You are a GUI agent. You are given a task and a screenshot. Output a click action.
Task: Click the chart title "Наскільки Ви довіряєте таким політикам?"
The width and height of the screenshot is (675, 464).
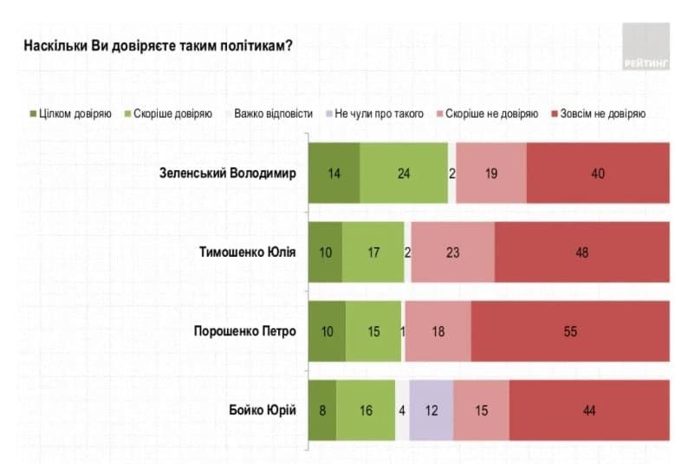[157, 46]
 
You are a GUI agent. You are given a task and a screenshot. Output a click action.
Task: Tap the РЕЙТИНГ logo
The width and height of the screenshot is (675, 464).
[645, 47]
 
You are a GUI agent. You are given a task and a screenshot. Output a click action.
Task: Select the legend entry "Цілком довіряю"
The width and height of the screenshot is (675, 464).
[71, 114]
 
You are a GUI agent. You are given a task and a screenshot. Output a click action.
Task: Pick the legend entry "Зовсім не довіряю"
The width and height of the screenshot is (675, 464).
[597, 114]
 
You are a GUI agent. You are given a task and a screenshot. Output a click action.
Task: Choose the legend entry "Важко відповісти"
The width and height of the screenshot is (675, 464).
[268, 114]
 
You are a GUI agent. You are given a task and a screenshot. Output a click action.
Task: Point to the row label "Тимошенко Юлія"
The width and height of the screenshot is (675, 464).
[248, 252]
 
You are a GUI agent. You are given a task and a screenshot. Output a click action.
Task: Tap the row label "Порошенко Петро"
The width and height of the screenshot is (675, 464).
[245, 331]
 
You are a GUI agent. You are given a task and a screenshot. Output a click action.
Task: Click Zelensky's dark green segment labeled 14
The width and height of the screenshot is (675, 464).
[334, 173]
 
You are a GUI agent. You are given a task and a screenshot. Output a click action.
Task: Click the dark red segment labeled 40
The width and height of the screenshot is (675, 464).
[597, 173]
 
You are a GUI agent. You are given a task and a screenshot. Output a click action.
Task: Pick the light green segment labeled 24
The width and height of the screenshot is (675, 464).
[404, 173]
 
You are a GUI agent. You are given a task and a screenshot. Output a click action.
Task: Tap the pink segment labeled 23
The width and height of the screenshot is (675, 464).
[452, 252]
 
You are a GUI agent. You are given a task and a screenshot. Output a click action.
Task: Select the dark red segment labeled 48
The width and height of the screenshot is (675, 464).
[581, 252]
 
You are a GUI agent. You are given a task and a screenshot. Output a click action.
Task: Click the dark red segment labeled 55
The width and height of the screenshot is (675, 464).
[569, 331]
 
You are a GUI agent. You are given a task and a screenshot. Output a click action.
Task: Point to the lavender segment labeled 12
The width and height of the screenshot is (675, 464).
[431, 410]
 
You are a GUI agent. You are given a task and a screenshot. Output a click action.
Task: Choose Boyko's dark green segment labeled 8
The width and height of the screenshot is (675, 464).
[322, 410]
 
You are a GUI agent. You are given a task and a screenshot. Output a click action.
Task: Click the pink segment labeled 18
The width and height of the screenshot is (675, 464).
[438, 331]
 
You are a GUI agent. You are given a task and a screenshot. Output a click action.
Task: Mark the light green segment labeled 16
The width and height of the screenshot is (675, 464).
[366, 410]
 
